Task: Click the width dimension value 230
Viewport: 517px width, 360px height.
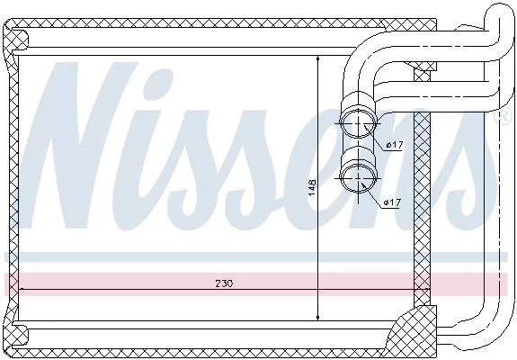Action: click(x=223, y=283)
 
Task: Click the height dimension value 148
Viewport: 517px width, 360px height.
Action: click(x=312, y=188)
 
